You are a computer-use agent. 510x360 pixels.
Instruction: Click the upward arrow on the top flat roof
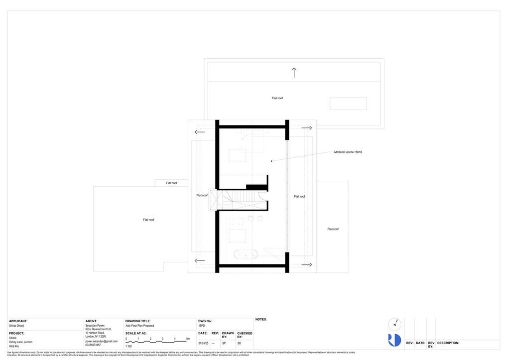click(294, 73)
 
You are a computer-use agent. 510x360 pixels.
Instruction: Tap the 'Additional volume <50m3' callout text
click(348, 152)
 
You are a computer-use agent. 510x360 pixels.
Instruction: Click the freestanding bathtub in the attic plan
click(246, 254)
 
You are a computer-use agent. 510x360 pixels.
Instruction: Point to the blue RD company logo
click(394, 340)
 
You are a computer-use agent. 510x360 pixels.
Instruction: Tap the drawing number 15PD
click(202, 326)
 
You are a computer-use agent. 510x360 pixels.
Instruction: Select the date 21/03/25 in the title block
click(203, 343)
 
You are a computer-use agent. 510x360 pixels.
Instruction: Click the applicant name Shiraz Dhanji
click(16, 326)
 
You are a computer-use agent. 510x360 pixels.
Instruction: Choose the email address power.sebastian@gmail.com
click(101, 341)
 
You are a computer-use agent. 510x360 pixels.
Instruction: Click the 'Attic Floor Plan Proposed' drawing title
click(139, 326)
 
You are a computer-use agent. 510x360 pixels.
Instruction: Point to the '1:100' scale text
click(128, 346)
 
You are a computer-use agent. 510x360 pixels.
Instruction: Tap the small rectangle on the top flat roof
click(348, 104)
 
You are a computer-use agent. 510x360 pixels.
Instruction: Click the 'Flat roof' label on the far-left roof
click(148, 220)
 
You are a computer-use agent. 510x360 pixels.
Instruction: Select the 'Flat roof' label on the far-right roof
click(333, 229)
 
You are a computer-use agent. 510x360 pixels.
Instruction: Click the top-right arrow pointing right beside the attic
click(306, 128)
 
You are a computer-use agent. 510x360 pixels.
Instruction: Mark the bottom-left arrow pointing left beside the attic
click(200, 260)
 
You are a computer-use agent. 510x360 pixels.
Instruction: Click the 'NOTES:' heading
click(261, 320)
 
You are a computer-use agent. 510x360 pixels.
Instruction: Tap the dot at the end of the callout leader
click(271, 161)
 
